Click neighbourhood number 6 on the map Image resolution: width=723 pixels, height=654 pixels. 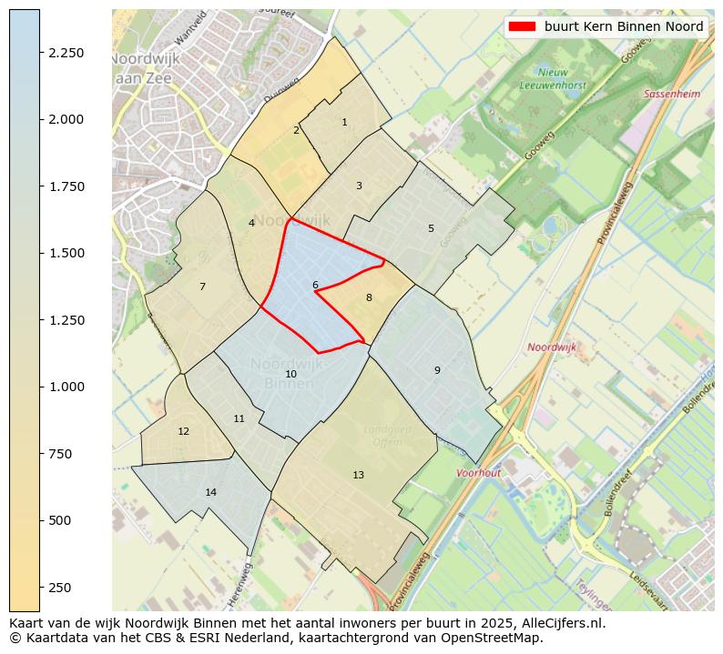click(x=315, y=286)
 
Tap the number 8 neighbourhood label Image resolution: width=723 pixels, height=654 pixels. click(x=369, y=297)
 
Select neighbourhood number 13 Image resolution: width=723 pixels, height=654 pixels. click(x=358, y=475)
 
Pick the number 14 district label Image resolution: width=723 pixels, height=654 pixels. click(x=210, y=492)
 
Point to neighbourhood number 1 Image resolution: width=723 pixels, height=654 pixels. click(x=344, y=122)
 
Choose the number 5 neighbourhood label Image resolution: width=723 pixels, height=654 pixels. click(x=431, y=228)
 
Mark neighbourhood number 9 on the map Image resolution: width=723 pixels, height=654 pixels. click(x=437, y=370)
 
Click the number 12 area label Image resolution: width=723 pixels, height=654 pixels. click(x=183, y=431)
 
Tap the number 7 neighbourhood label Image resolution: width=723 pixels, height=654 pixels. click(x=202, y=287)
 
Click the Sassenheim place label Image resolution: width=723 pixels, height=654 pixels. click(x=672, y=94)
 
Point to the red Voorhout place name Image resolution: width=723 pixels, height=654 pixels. click(x=479, y=473)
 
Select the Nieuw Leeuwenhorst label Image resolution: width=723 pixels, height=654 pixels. click(x=553, y=78)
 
